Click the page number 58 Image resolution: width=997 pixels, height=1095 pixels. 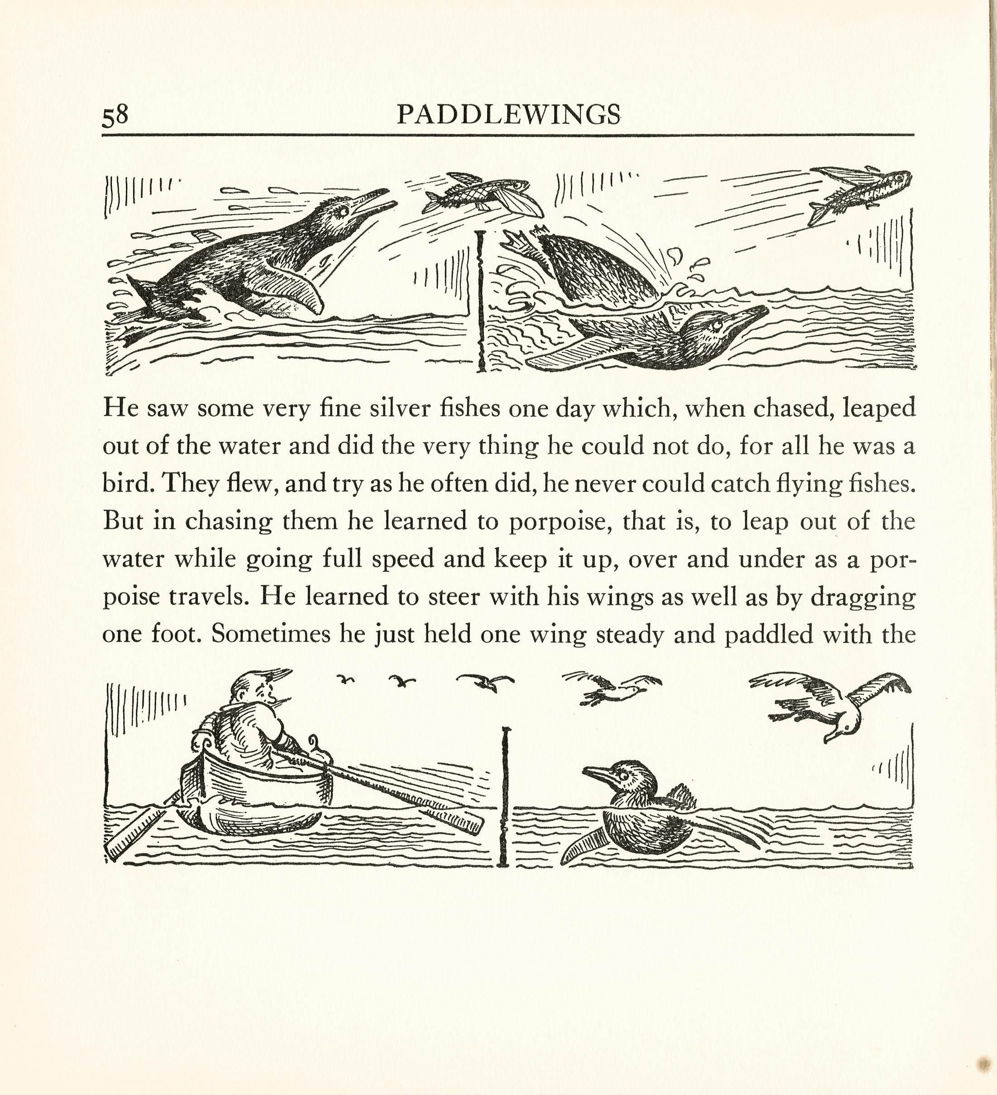(115, 115)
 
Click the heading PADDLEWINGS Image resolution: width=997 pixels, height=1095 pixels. (508, 115)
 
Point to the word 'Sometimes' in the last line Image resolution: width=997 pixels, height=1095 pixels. (270, 634)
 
